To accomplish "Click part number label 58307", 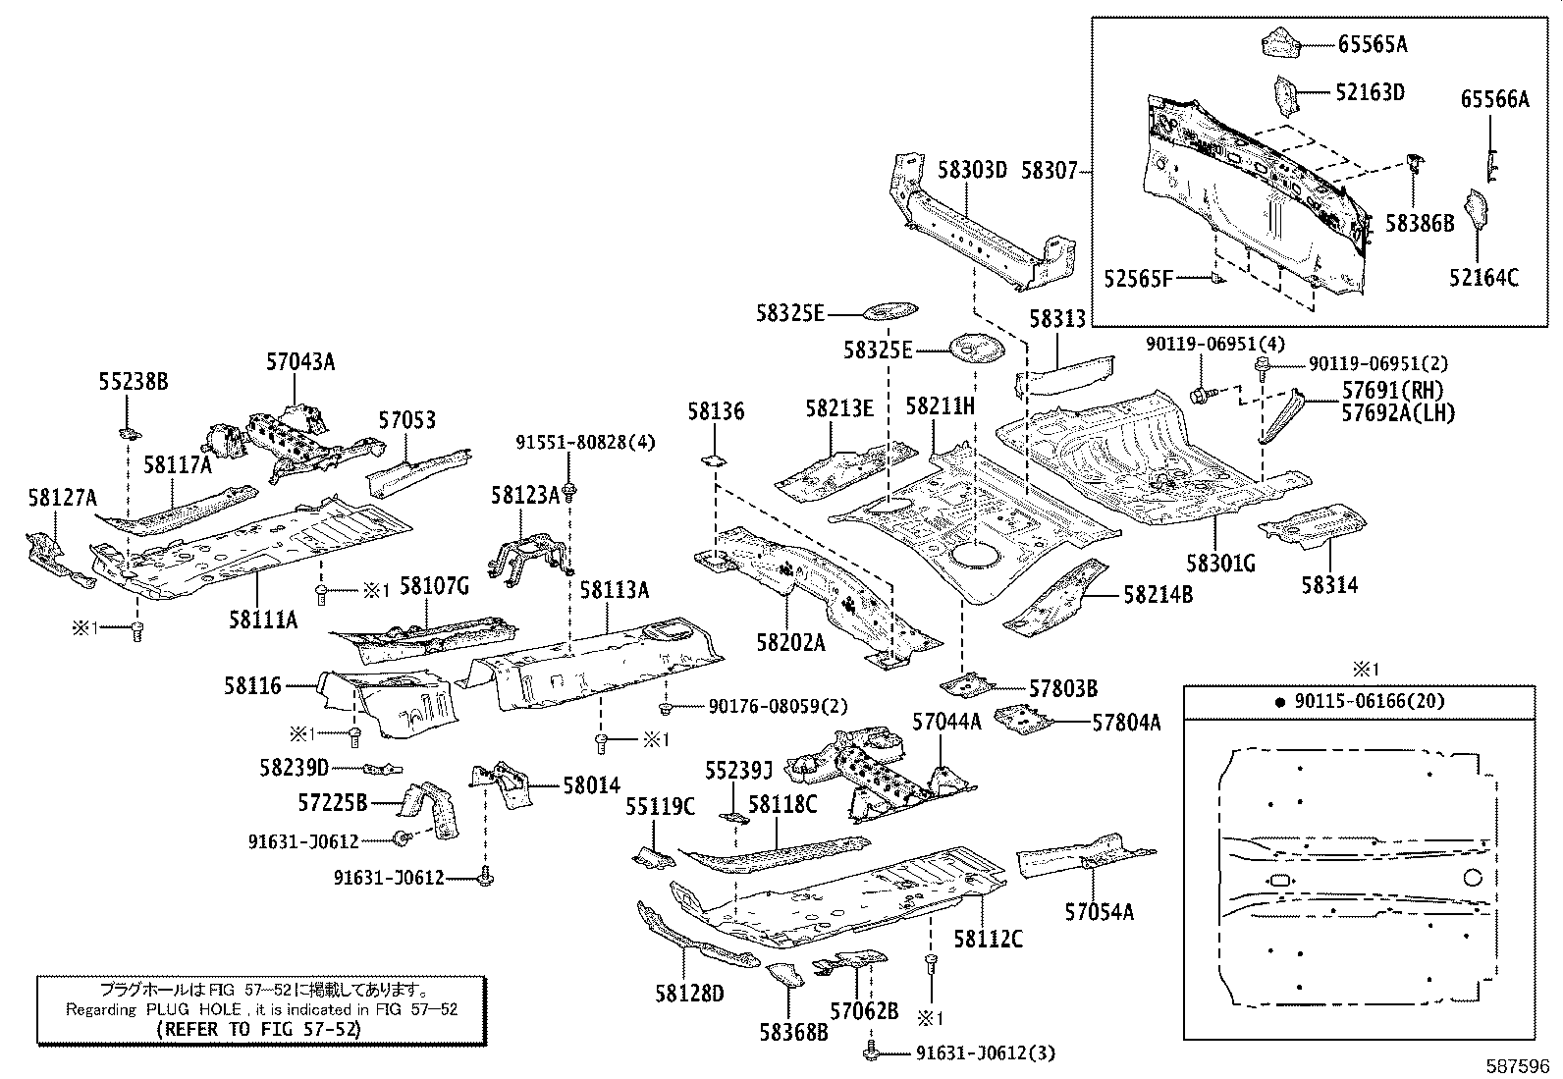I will click(1050, 171).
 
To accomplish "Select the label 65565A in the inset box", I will click(1372, 43).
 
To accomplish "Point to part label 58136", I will click(716, 411).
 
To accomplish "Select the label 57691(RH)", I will click(1393, 391).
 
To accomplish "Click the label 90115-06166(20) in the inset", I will click(1369, 701).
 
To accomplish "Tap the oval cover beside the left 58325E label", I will click(889, 312).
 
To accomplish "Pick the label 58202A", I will click(790, 642).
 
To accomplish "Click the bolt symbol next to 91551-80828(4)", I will click(570, 489).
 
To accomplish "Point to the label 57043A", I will click(300, 361).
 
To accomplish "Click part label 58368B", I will click(793, 1032).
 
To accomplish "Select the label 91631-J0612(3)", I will click(985, 1053).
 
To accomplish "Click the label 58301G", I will click(1220, 564).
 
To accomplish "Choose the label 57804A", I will click(1126, 723).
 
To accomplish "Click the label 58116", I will click(252, 685).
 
